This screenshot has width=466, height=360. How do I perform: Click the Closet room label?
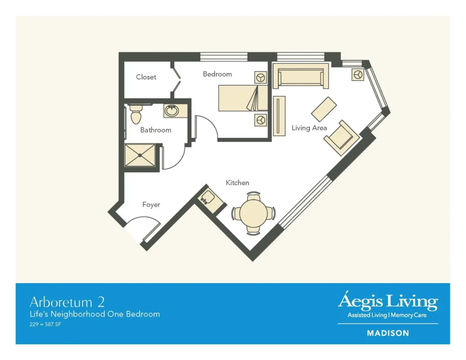tap(146, 77)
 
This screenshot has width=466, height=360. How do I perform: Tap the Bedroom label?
tap(217, 74)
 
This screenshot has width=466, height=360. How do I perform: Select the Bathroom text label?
tap(156, 130)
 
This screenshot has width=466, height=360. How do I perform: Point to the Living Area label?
tap(309, 128)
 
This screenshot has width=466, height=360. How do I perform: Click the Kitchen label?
tap(238, 183)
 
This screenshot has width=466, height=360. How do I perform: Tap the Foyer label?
tap(151, 204)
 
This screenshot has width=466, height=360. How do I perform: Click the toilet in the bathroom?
tap(136, 114)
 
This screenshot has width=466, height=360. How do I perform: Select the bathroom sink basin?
tap(172, 111)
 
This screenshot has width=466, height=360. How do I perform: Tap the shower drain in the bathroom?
tap(140, 155)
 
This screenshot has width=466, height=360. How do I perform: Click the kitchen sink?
tap(207, 198)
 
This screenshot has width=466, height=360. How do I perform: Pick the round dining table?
tap(253, 213)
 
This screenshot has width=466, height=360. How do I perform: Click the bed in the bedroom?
tap(243, 98)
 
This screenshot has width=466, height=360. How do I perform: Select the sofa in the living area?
tap(301, 76)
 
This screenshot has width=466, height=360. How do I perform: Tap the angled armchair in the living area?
tap(342, 137)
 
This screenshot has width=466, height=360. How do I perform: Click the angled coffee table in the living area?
tap(324, 109)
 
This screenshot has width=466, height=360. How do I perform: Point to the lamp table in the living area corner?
tap(358, 75)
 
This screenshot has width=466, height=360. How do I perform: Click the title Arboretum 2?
tap(67, 302)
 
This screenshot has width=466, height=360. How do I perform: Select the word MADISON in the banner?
tap(388, 333)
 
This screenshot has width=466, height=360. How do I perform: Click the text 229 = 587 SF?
tap(45, 325)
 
